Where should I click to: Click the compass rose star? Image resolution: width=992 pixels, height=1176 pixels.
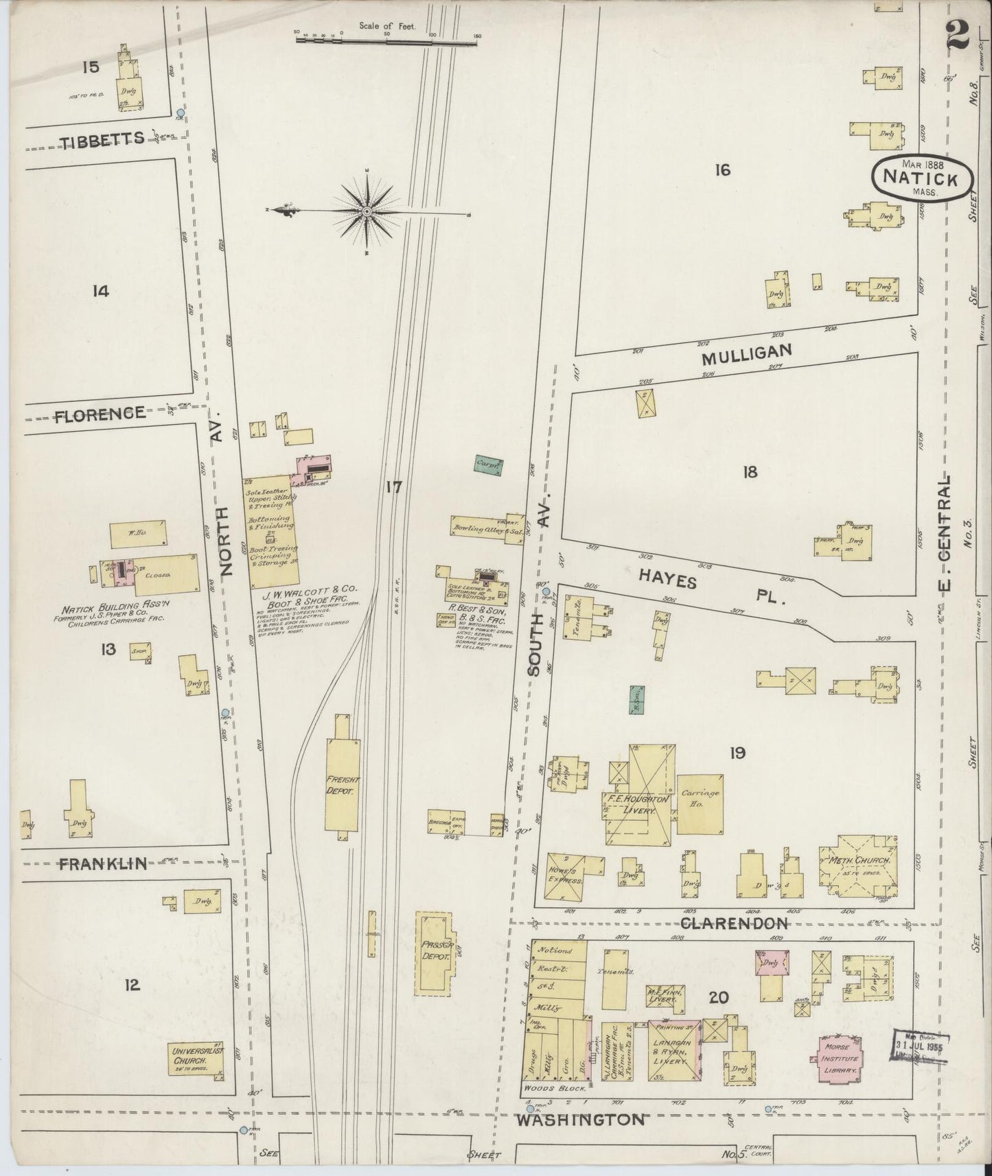coord(367,212)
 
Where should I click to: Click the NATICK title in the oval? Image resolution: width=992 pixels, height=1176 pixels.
coord(921,178)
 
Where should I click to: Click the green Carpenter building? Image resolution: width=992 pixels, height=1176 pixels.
coord(489,464)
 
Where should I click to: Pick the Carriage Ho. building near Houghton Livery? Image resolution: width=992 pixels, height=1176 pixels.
coord(700,804)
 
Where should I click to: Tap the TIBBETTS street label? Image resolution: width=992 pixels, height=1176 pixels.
coord(102,139)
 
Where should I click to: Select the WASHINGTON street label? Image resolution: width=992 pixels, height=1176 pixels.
coord(580,1120)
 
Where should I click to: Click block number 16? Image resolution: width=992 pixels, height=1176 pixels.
coord(722,170)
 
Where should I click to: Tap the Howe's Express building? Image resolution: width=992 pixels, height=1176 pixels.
coord(564,876)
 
